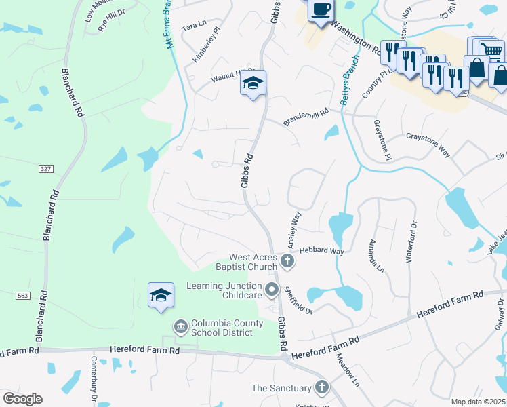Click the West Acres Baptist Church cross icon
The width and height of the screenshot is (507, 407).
(287, 261)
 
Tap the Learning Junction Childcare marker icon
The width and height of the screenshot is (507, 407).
(272, 290)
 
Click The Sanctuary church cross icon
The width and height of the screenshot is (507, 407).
(321, 388)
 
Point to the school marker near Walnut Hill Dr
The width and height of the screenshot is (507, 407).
(253, 83)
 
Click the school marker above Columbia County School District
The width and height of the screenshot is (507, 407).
(161, 296)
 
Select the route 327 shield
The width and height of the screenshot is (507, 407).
(46, 168)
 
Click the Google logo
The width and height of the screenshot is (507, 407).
(22, 399)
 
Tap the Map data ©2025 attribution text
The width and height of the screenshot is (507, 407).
(478, 402)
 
